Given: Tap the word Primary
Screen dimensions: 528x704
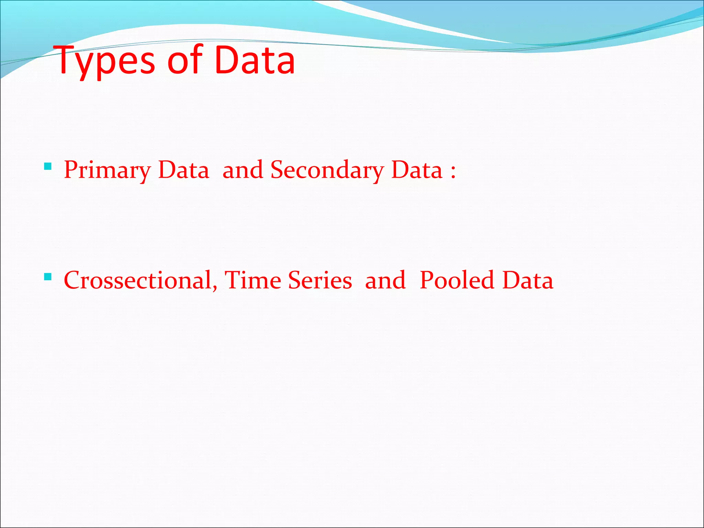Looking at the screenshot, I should coord(107,170).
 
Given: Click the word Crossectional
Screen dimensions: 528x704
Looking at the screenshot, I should coord(137,280).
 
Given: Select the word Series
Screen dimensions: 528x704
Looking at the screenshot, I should coord(320,280).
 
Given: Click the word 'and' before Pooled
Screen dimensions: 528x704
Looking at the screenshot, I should coord(385,280).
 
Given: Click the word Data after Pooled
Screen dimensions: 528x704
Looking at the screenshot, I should coord(528,280).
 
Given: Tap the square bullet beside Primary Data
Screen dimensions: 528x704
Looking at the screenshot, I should coord(48,167).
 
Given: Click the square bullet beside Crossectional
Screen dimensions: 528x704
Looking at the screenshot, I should coord(48,277).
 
